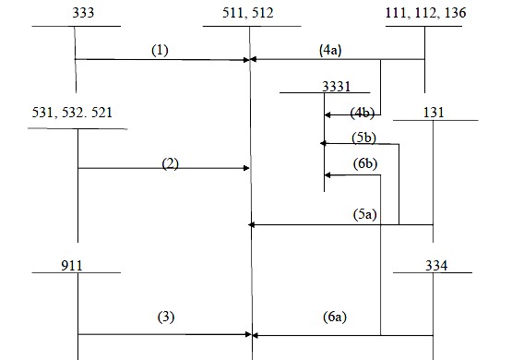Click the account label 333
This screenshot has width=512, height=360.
pos(75,14)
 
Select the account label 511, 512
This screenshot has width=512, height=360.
pos(248,14)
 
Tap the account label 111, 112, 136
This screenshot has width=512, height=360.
pos(424,14)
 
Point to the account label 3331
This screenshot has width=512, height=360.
pos(337,85)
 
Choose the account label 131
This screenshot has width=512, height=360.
pos(432,113)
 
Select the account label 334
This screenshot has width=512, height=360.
pos(434,265)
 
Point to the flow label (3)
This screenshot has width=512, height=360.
pos(164,317)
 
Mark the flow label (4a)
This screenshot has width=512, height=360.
pos(329,52)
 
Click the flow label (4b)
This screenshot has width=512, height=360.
pos(363,113)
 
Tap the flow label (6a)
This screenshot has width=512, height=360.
pos(332,317)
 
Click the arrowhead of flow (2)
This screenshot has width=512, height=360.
pos(247,168)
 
